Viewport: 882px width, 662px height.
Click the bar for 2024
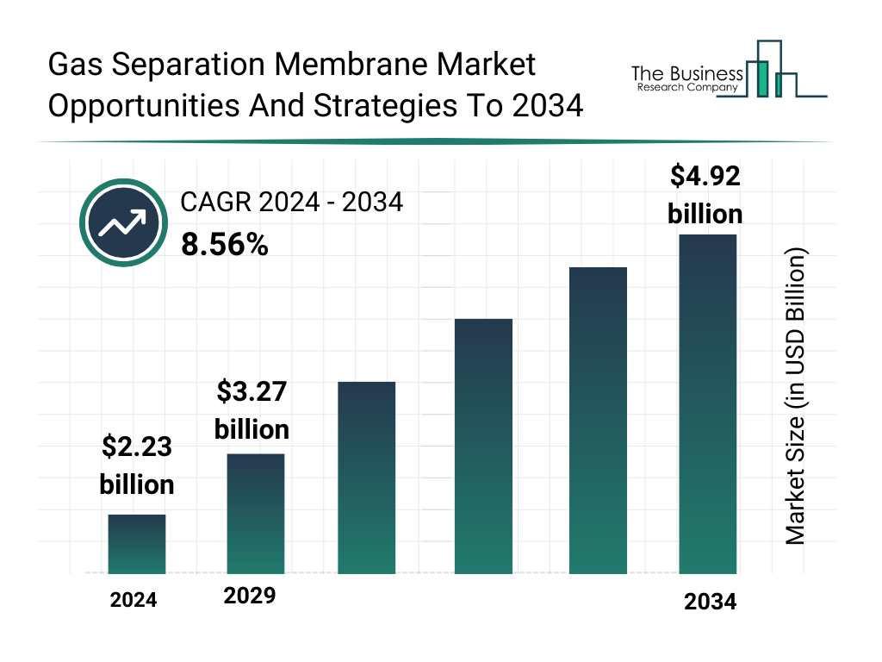point(136,544)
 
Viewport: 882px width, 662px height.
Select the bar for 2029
point(255,514)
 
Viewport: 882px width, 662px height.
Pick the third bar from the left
point(366,478)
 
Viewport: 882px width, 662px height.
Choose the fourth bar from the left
point(482,446)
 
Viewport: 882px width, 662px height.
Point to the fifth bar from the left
point(598,420)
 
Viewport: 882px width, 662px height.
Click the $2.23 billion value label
point(137,465)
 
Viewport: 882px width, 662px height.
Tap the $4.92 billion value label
point(705,195)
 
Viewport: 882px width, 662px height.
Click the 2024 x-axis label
point(134,600)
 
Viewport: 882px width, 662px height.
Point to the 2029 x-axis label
point(250,596)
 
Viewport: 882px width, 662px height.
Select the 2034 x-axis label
point(710,602)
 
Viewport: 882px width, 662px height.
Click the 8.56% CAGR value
point(225,245)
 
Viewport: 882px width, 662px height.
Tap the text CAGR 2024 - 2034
point(291,203)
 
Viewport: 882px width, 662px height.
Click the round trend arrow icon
point(121,223)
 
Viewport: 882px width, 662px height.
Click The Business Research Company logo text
point(686,78)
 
